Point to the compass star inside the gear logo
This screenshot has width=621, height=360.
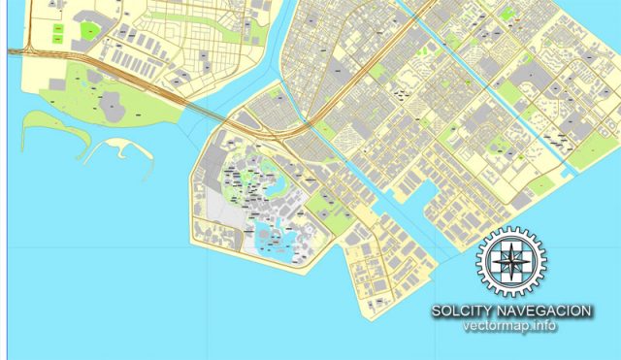[x=511, y=259]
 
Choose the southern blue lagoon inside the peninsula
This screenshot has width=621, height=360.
[x=267, y=233]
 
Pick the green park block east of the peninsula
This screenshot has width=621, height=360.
[x=337, y=220]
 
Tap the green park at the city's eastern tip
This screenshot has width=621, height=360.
[x=587, y=150]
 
